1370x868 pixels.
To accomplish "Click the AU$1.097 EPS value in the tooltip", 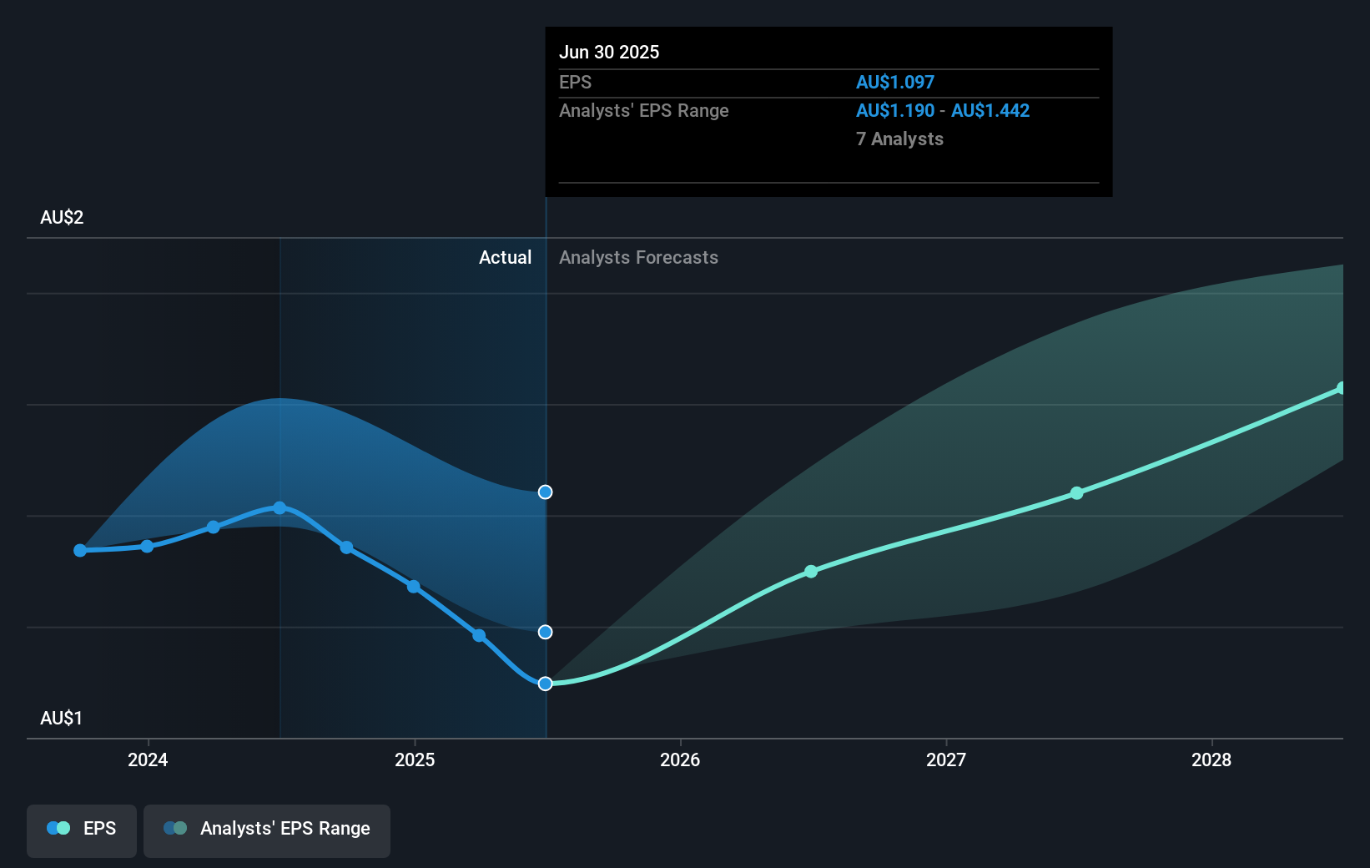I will [x=894, y=82].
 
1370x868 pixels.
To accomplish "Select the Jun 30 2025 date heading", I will [x=608, y=52].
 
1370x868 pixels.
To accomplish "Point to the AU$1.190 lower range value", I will [x=894, y=110].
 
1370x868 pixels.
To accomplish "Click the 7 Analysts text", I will [x=899, y=139].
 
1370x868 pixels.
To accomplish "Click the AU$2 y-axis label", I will [x=62, y=217].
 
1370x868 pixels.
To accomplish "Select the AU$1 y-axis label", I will [x=62, y=718].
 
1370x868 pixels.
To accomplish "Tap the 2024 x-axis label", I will [x=148, y=759].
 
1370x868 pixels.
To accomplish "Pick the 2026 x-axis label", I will [x=679, y=759].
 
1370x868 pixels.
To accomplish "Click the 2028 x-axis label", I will [x=1211, y=759].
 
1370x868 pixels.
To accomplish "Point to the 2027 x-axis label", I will [x=945, y=759].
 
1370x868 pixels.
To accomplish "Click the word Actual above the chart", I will [x=505, y=257].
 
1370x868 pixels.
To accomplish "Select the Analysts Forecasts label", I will [x=638, y=257].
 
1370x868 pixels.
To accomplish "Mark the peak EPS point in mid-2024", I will [x=280, y=507].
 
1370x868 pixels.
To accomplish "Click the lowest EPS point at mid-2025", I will [x=545, y=684].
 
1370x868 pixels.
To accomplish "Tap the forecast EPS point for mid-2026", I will [x=810, y=572].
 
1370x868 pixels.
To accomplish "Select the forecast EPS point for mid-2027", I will [x=1076, y=493].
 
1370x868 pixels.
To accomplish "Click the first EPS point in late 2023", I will [x=80, y=550].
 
